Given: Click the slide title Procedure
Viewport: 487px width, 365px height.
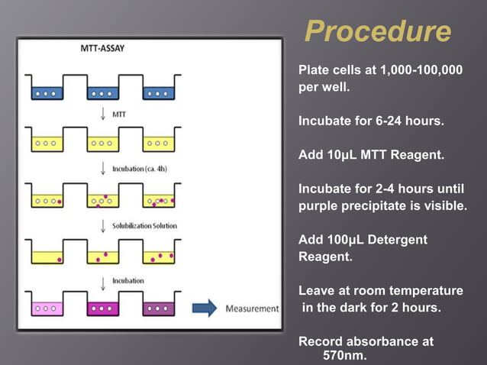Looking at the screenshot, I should tap(377, 32).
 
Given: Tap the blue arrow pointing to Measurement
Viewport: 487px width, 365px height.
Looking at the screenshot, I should tap(205, 308).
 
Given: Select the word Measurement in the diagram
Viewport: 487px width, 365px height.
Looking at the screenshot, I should tap(252, 308).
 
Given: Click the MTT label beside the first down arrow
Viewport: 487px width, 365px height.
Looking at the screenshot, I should tap(118, 114).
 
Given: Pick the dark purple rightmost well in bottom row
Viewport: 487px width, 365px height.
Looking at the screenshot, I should tap(158, 308).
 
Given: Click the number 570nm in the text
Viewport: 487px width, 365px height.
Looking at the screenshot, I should tap(345, 356).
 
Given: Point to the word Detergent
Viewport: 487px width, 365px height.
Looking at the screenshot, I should tap(398, 240).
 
